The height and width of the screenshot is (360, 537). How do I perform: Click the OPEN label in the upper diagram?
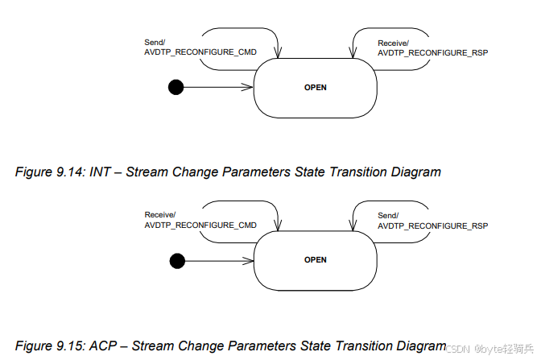coord(316,87)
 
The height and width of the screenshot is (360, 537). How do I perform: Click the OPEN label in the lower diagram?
coord(316,260)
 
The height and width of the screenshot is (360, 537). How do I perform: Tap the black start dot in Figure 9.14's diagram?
coord(176,87)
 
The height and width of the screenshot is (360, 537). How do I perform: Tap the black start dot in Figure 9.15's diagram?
coord(177,261)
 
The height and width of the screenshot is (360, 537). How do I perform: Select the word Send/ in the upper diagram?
coord(155,43)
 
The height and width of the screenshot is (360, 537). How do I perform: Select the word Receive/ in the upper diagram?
coord(393,43)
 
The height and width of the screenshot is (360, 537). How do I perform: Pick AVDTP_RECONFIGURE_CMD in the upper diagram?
coord(200,52)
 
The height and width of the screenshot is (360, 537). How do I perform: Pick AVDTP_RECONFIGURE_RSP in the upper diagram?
coord(433,52)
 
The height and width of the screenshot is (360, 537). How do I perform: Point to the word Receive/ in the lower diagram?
coord(160,215)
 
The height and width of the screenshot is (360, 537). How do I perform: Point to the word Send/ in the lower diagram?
coord(388,216)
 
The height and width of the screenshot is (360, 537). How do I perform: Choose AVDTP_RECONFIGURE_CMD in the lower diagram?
coord(200,225)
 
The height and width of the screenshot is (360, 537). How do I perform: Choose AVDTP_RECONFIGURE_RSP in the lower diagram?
coord(433,226)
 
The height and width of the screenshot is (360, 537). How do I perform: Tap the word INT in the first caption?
coord(100,172)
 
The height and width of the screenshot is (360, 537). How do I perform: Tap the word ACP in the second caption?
coord(103,346)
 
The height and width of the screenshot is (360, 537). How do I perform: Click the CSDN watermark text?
coord(458,349)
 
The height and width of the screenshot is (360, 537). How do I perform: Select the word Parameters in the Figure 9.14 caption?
coord(257,172)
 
